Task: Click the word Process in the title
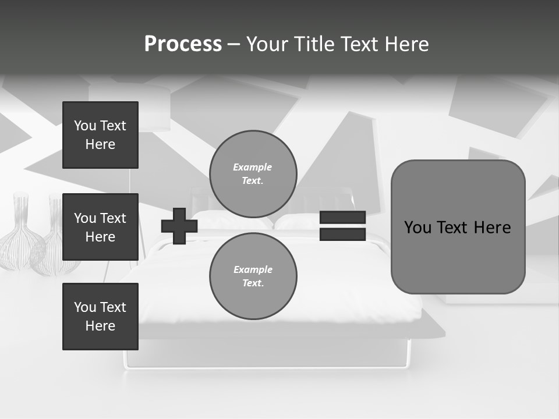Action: click(183, 44)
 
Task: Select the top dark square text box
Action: click(100, 135)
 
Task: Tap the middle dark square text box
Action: click(100, 227)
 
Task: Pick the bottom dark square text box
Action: click(100, 317)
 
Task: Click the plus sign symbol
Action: click(179, 226)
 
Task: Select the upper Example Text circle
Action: click(253, 174)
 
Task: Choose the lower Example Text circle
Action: click(253, 276)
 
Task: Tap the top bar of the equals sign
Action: click(342, 218)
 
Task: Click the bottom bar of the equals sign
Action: click(342, 235)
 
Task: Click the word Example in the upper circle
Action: click(253, 167)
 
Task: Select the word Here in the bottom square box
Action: click(100, 326)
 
